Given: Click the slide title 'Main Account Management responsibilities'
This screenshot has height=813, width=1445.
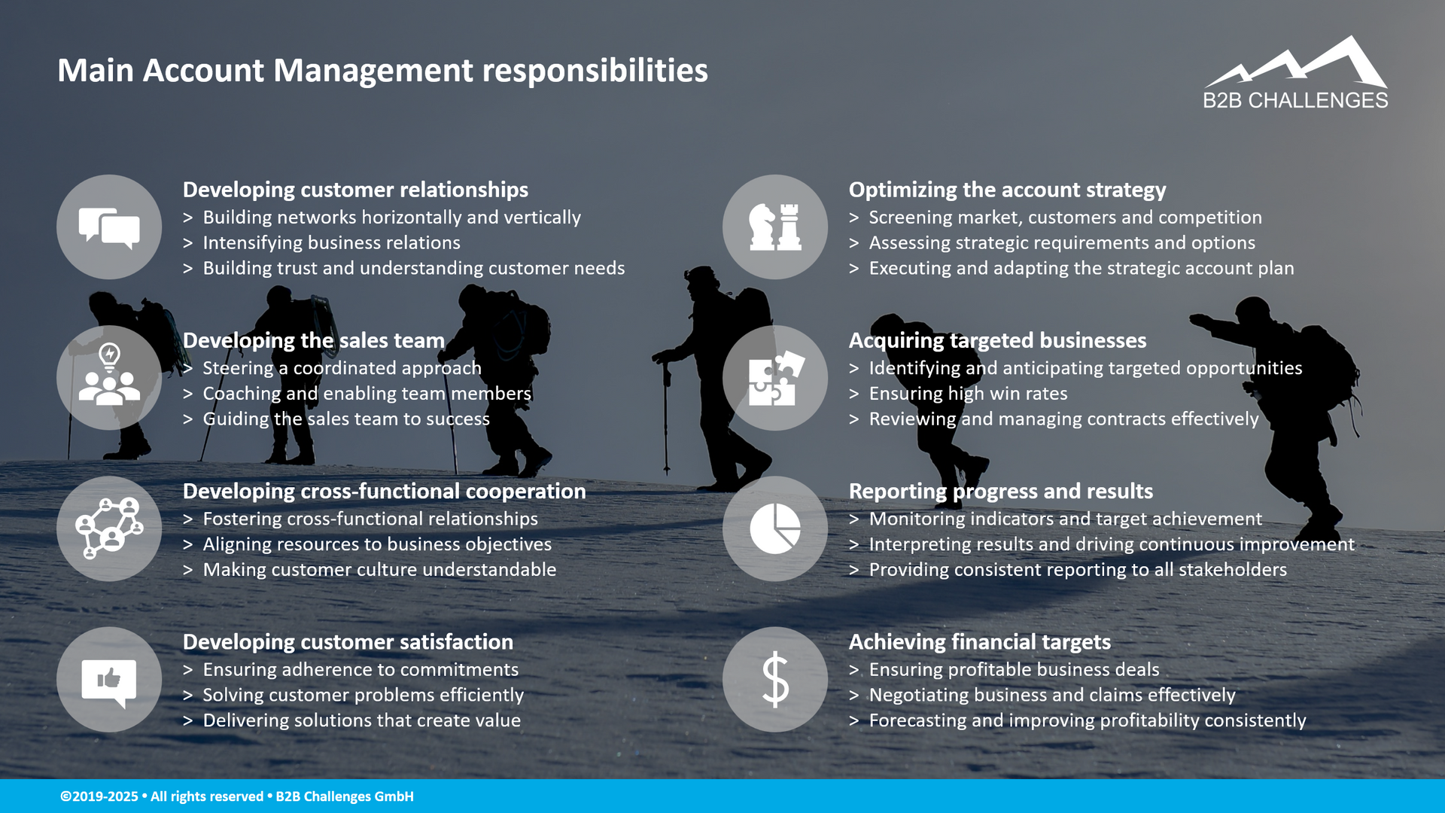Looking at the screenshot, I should (x=382, y=71).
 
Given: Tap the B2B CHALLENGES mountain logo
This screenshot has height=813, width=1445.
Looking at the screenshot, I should (x=1295, y=73).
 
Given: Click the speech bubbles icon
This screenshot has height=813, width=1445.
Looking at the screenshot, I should (x=109, y=227).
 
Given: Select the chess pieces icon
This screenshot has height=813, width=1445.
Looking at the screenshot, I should (x=775, y=227).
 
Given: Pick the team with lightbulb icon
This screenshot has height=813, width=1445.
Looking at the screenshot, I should (x=109, y=378).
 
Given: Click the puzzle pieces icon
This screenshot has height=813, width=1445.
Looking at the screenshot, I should (x=775, y=378).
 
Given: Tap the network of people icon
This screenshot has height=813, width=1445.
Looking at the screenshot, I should (x=109, y=528).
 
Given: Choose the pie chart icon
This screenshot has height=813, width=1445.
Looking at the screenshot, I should (x=775, y=528).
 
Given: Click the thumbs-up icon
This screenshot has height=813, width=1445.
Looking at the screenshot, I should (x=109, y=680).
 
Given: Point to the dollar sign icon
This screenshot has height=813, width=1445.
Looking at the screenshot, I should (x=775, y=680).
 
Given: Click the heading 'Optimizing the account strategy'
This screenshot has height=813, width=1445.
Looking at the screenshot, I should (x=1007, y=190).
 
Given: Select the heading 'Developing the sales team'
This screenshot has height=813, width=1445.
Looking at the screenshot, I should (x=314, y=340).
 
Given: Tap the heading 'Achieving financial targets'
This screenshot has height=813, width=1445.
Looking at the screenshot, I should (x=979, y=642).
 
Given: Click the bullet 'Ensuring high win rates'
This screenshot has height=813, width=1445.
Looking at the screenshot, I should (x=968, y=394).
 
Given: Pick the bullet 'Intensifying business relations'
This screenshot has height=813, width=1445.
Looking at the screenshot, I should (x=331, y=243).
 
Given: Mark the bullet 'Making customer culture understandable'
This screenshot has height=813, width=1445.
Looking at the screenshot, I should (x=379, y=570).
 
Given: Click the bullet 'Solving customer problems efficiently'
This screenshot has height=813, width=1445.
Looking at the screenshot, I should (x=363, y=695).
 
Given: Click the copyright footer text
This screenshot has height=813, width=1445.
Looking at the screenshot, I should (x=237, y=796).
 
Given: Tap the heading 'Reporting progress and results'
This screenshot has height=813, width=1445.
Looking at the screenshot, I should (x=1000, y=492).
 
